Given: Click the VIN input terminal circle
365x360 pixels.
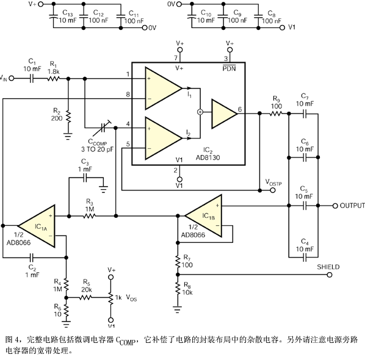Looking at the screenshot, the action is click(x=12, y=79).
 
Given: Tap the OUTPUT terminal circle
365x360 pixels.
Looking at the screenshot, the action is click(x=335, y=206).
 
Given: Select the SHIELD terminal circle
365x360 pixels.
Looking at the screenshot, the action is click(x=329, y=275).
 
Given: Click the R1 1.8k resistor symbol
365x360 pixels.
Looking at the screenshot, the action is click(x=53, y=79).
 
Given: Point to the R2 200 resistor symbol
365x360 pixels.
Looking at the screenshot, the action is click(x=68, y=117).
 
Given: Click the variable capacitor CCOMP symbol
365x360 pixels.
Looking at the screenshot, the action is click(x=102, y=128).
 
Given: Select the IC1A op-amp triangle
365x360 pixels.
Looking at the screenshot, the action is click(x=37, y=226).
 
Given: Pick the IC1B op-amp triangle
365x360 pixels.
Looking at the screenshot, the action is click(x=203, y=216).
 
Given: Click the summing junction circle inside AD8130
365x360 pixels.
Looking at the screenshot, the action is click(x=200, y=112).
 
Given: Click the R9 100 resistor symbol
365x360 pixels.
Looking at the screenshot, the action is click(x=276, y=113).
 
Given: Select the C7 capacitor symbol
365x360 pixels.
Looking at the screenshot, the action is click(x=305, y=113).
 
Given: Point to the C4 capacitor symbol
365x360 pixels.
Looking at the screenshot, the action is click(x=305, y=257).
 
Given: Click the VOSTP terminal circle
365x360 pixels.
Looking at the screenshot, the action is click(x=273, y=190).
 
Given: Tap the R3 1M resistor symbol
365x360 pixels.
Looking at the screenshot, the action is click(x=89, y=216).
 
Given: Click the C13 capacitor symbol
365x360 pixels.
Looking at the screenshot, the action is click(x=53, y=16).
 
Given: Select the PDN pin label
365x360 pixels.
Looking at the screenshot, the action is click(x=229, y=68).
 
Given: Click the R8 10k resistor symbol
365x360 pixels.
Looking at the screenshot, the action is click(x=178, y=289).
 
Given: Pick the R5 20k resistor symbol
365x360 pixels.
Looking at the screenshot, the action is click(x=85, y=297).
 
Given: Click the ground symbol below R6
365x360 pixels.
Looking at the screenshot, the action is click(x=67, y=324).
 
